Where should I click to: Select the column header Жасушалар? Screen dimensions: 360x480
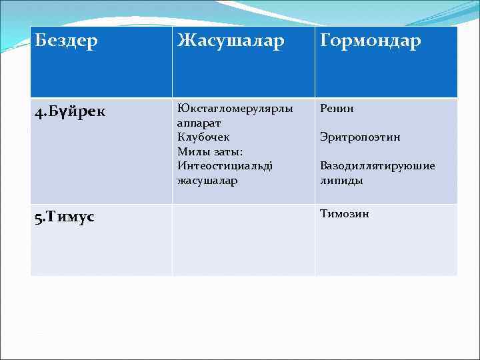pos(231,41)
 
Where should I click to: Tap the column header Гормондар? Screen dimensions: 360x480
pos(371,41)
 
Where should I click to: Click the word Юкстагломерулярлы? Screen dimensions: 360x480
pos(235,109)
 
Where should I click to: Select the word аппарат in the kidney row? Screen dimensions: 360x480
pos(199,123)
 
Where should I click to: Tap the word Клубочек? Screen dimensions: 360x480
pos(203,137)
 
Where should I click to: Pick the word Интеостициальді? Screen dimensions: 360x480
pos(225,165)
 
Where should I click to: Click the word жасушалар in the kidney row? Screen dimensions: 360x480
pos(207,180)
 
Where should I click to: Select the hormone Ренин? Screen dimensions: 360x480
pos(337,109)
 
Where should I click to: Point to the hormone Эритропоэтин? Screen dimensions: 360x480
pos(360,137)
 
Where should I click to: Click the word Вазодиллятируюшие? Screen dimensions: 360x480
pos(377,166)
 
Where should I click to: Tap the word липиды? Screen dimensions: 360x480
pos(341,180)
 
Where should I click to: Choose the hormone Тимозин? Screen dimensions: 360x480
pos(344,214)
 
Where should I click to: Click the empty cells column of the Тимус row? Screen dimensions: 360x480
pos(243,240)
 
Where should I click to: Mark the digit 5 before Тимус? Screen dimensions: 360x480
pos(38,218)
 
